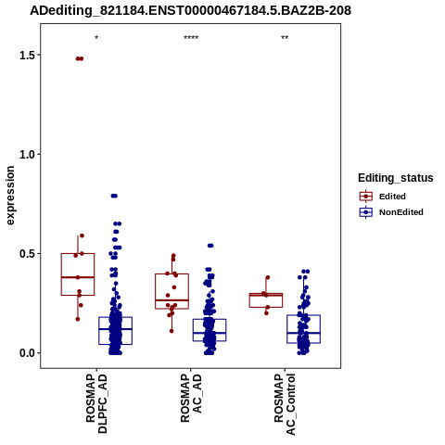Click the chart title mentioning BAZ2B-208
(190, 10)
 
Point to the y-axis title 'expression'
(10, 196)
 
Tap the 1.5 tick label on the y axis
(25, 55)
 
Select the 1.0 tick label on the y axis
(25, 154)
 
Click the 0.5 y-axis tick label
(25, 254)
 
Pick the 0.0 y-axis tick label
(25, 353)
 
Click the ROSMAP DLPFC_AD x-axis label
(96, 403)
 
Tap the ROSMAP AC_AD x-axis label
(191, 398)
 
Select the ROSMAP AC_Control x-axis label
(285, 404)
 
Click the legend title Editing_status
(396, 178)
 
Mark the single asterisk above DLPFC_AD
(96, 38)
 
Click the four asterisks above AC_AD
(191, 38)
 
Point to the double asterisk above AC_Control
(285, 38)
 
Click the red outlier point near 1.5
(80, 58)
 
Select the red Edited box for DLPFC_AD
(78, 274)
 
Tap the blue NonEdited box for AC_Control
(303, 329)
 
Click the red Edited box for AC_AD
(172, 291)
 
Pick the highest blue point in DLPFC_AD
(114, 196)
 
